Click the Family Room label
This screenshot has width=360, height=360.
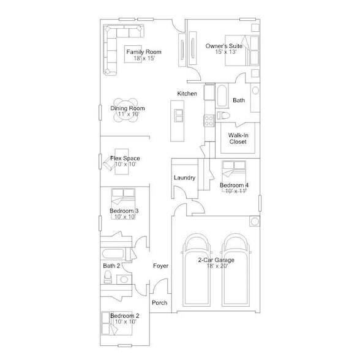(144, 53)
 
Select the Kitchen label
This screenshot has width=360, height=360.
(187, 94)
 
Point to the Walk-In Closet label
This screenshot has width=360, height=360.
(238, 138)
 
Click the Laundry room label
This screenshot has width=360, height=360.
(184, 178)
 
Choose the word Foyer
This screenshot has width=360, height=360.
(160, 266)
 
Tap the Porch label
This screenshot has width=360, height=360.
(160, 302)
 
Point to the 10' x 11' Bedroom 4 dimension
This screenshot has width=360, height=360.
(235, 191)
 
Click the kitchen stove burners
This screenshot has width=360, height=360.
(208, 117)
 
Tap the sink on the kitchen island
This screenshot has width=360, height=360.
(178, 114)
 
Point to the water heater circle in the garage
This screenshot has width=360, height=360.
(253, 221)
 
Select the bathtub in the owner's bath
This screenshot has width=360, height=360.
(221, 96)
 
